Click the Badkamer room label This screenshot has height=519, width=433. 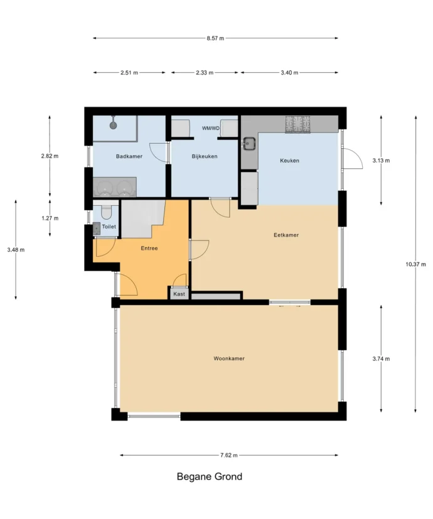coord(129,156)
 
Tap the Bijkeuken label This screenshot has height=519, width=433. coord(205,156)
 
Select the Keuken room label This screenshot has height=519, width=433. coord(290,161)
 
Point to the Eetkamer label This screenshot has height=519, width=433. coord(286,235)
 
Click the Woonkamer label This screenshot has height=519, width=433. coord(229,358)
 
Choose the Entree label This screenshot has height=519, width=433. coord(149,249)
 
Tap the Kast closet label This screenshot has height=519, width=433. coord(179,294)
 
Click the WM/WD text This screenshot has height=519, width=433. coord(211,129)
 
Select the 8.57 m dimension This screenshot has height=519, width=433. coord(215,38)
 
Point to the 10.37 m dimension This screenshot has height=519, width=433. coord(416,264)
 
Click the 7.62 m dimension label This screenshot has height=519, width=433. coord(229,455)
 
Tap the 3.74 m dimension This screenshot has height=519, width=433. coord(381,358)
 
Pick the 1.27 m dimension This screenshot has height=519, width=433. coord(50,218)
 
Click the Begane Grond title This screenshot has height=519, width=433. coord(210,476)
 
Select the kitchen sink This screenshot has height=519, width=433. coord(250,144)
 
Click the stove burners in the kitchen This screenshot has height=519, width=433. coord(298,124)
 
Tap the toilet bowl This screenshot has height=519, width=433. coord(106,212)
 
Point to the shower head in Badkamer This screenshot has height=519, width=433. coord(114,125)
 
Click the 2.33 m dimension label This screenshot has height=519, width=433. coord(205,73)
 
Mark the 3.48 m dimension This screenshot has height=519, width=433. coord(16,250)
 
